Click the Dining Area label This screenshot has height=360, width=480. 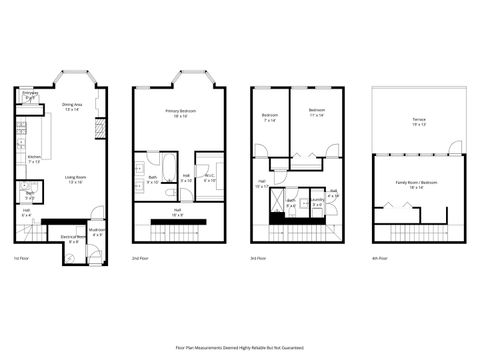[71, 106]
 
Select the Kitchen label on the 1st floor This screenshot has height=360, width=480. [32, 159]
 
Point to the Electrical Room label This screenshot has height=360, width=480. [70, 238]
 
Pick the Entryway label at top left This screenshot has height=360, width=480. [31, 95]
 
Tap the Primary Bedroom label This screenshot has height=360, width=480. [180, 112]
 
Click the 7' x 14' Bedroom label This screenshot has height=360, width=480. [269, 116]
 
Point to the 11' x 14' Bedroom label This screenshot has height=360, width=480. [317, 111]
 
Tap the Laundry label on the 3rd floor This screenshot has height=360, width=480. [316, 202]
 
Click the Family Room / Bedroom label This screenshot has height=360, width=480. [417, 184]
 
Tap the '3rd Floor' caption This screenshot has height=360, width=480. [261, 258]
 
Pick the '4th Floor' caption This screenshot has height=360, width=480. [379, 258]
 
